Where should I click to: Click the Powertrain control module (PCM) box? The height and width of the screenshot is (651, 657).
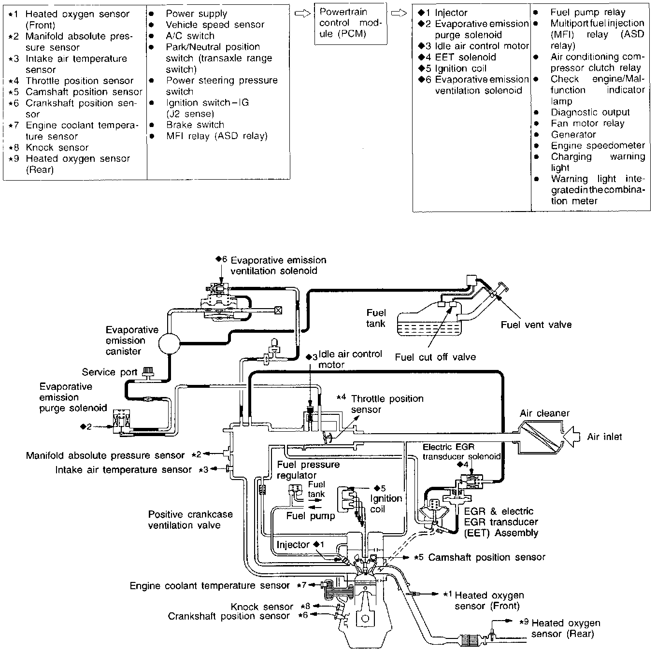pos(350,23)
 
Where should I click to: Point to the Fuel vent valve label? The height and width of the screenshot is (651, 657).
pos(536,325)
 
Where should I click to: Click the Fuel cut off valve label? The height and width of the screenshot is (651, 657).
pos(435,357)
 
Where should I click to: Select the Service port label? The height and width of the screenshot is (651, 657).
pos(109,372)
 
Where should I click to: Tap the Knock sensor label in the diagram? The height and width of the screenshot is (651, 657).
pos(261,607)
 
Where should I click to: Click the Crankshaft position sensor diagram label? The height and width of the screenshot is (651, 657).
pos(229,616)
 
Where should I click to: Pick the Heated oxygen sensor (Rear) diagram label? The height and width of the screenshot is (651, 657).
pos(565,628)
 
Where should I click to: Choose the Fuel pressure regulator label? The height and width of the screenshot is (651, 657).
pos(308,470)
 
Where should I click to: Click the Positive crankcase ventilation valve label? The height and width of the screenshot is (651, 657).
pos(190,520)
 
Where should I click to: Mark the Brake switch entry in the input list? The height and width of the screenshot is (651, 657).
pos(195,125)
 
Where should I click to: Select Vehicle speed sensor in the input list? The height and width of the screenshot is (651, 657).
pos(215,25)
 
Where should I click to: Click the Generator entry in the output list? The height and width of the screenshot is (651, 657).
pos(573,135)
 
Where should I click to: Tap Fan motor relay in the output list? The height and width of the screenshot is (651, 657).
pos(587,124)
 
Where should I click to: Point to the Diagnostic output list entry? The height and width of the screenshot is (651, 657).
pos(590,113)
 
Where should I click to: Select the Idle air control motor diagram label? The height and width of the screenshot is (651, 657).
pos(350,359)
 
